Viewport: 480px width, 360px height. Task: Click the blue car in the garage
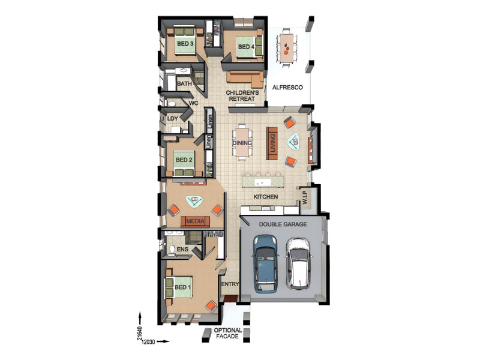pos(265,264)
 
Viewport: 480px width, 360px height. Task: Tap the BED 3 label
pos(185,44)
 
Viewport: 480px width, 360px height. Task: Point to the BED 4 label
pos(246,47)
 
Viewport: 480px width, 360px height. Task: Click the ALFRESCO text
pos(287,88)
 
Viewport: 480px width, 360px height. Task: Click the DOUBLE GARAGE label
pos(283,224)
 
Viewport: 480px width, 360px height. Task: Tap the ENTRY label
pos(230,284)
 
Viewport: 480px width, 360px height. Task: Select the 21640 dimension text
pos(140,334)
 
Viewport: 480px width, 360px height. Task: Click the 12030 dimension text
pos(148,342)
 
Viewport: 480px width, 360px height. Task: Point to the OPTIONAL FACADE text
pos(228,334)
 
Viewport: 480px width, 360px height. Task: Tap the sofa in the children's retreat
pos(245,79)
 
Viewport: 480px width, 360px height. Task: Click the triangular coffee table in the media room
pos(194,202)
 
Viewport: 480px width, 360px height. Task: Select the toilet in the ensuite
pos(172,249)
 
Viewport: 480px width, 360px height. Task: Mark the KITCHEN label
pos(266,197)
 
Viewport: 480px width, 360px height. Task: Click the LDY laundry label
pos(173,118)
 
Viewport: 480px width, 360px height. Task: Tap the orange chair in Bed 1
pos(211,306)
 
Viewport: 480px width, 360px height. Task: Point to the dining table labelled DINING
pos(242,142)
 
